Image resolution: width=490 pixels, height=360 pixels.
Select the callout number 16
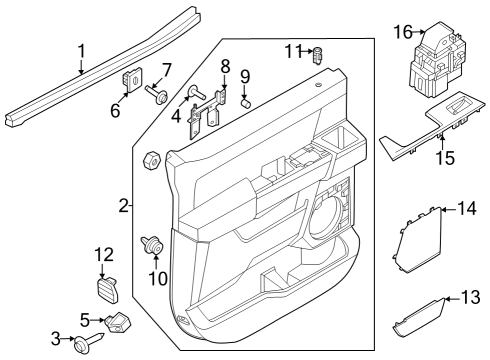[401, 34]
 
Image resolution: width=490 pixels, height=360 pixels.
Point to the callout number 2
[123, 206]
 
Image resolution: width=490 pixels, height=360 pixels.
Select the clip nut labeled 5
[121, 321]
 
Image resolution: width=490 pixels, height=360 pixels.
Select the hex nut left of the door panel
[154, 159]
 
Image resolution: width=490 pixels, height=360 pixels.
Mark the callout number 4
[176, 115]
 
